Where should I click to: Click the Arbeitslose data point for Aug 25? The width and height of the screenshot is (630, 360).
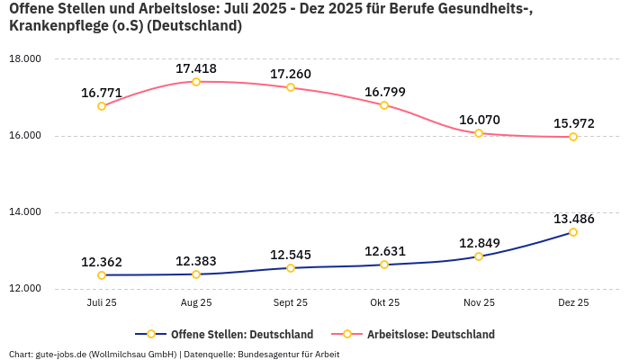(196, 82)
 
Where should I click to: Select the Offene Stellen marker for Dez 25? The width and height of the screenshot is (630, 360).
(573, 232)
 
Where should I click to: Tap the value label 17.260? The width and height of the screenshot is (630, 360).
(290, 74)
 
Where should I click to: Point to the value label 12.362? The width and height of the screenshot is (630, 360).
(102, 262)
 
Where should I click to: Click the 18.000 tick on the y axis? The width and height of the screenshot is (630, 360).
(25, 59)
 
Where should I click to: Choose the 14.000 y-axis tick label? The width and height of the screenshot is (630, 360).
(25, 212)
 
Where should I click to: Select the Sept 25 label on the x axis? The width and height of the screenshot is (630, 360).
(290, 303)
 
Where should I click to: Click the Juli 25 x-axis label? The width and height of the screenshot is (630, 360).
(102, 303)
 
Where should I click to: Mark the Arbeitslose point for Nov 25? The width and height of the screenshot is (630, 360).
(479, 133)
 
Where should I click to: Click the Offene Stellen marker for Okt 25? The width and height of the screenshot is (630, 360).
(384, 265)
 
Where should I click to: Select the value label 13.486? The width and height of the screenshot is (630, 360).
(573, 219)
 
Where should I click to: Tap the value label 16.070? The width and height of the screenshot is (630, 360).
(479, 120)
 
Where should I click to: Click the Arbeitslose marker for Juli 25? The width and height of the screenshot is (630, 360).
(102, 106)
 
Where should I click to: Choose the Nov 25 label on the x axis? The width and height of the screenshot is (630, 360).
(479, 303)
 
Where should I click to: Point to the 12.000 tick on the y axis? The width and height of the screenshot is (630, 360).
(25, 289)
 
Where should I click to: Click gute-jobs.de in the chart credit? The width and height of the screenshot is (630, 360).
(61, 354)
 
